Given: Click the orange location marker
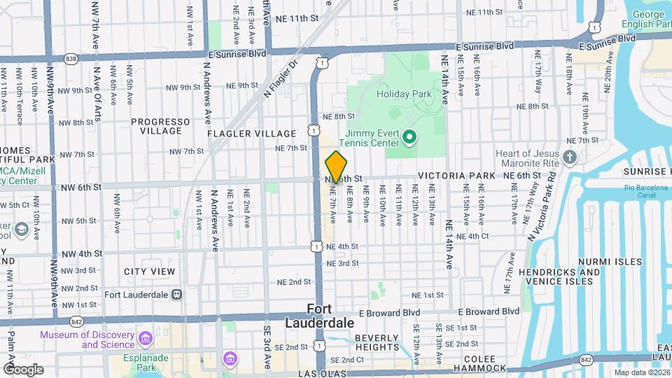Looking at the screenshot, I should [x=336, y=167].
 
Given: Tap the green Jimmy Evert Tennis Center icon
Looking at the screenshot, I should [x=409, y=138].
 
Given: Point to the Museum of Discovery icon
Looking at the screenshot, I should [x=146, y=339].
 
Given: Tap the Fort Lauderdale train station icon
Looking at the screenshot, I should [x=176, y=294].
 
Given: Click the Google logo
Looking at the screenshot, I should [x=22, y=369].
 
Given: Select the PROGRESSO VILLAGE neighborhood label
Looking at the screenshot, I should [x=160, y=126].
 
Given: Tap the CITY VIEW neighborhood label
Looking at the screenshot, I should [x=150, y=271].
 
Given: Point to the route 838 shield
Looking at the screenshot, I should [x=70, y=58].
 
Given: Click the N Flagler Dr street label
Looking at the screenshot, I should [x=281, y=77].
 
